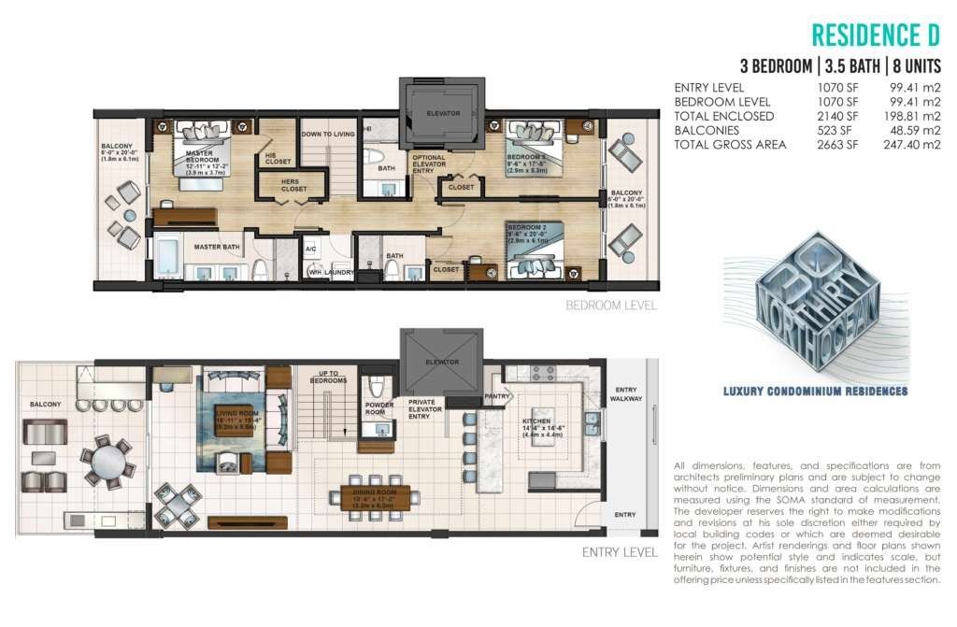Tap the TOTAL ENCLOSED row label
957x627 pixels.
(x=723, y=116)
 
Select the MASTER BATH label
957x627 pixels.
(x=213, y=247)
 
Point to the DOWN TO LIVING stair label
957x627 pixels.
(x=328, y=135)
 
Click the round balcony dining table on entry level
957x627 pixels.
(x=110, y=459)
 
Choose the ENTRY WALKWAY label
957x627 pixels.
(x=622, y=394)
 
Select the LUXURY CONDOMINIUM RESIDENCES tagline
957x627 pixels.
(x=815, y=392)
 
